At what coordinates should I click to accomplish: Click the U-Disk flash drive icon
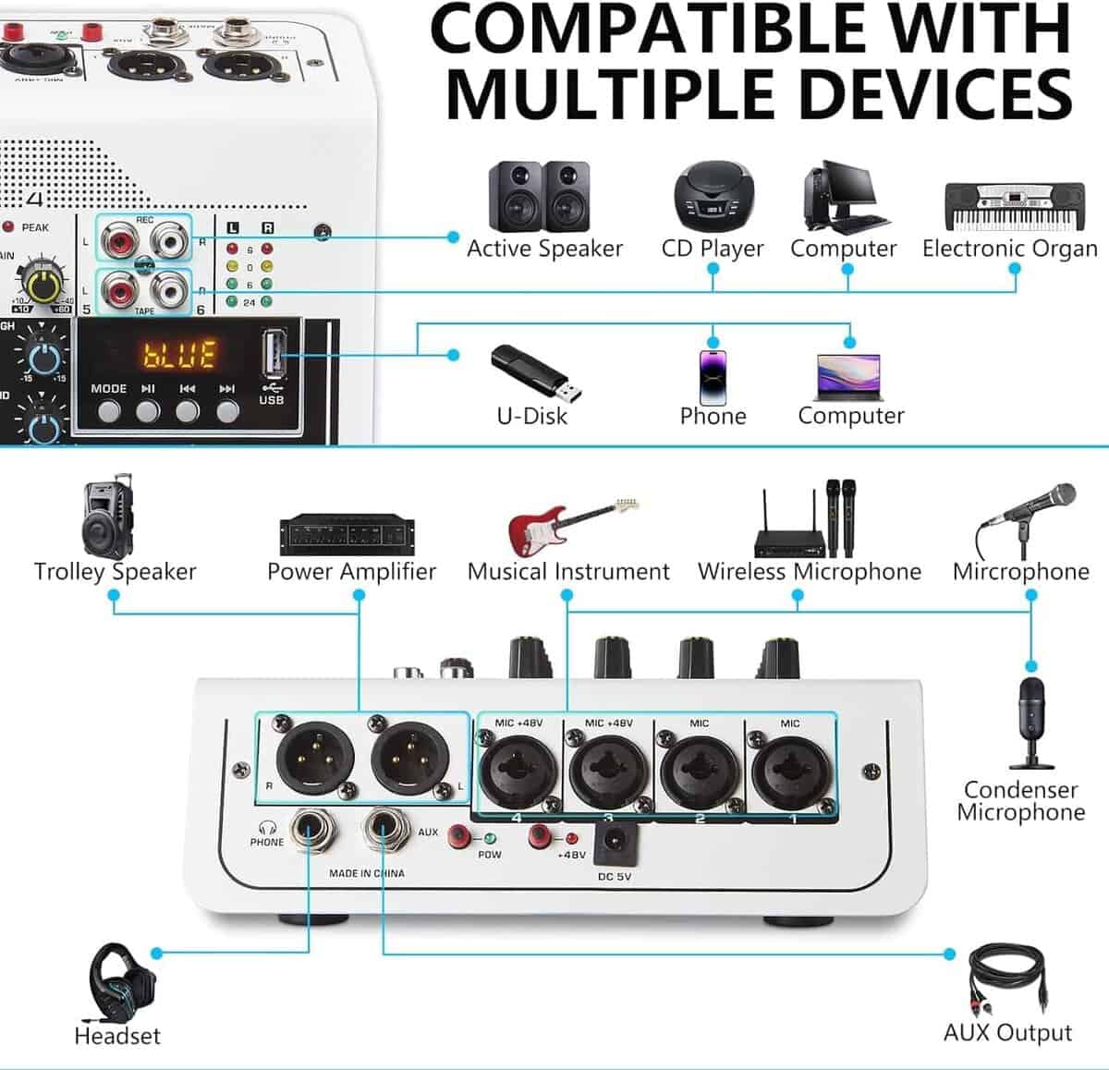(x=537, y=373)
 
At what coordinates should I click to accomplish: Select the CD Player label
(x=713, y=249)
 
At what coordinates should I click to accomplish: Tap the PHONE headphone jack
(x=309, y=828)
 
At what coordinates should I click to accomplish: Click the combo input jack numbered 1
(x=790, y=769)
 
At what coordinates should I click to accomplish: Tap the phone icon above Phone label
(x=713, y=375)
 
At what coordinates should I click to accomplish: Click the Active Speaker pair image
(x=539, y=196)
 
